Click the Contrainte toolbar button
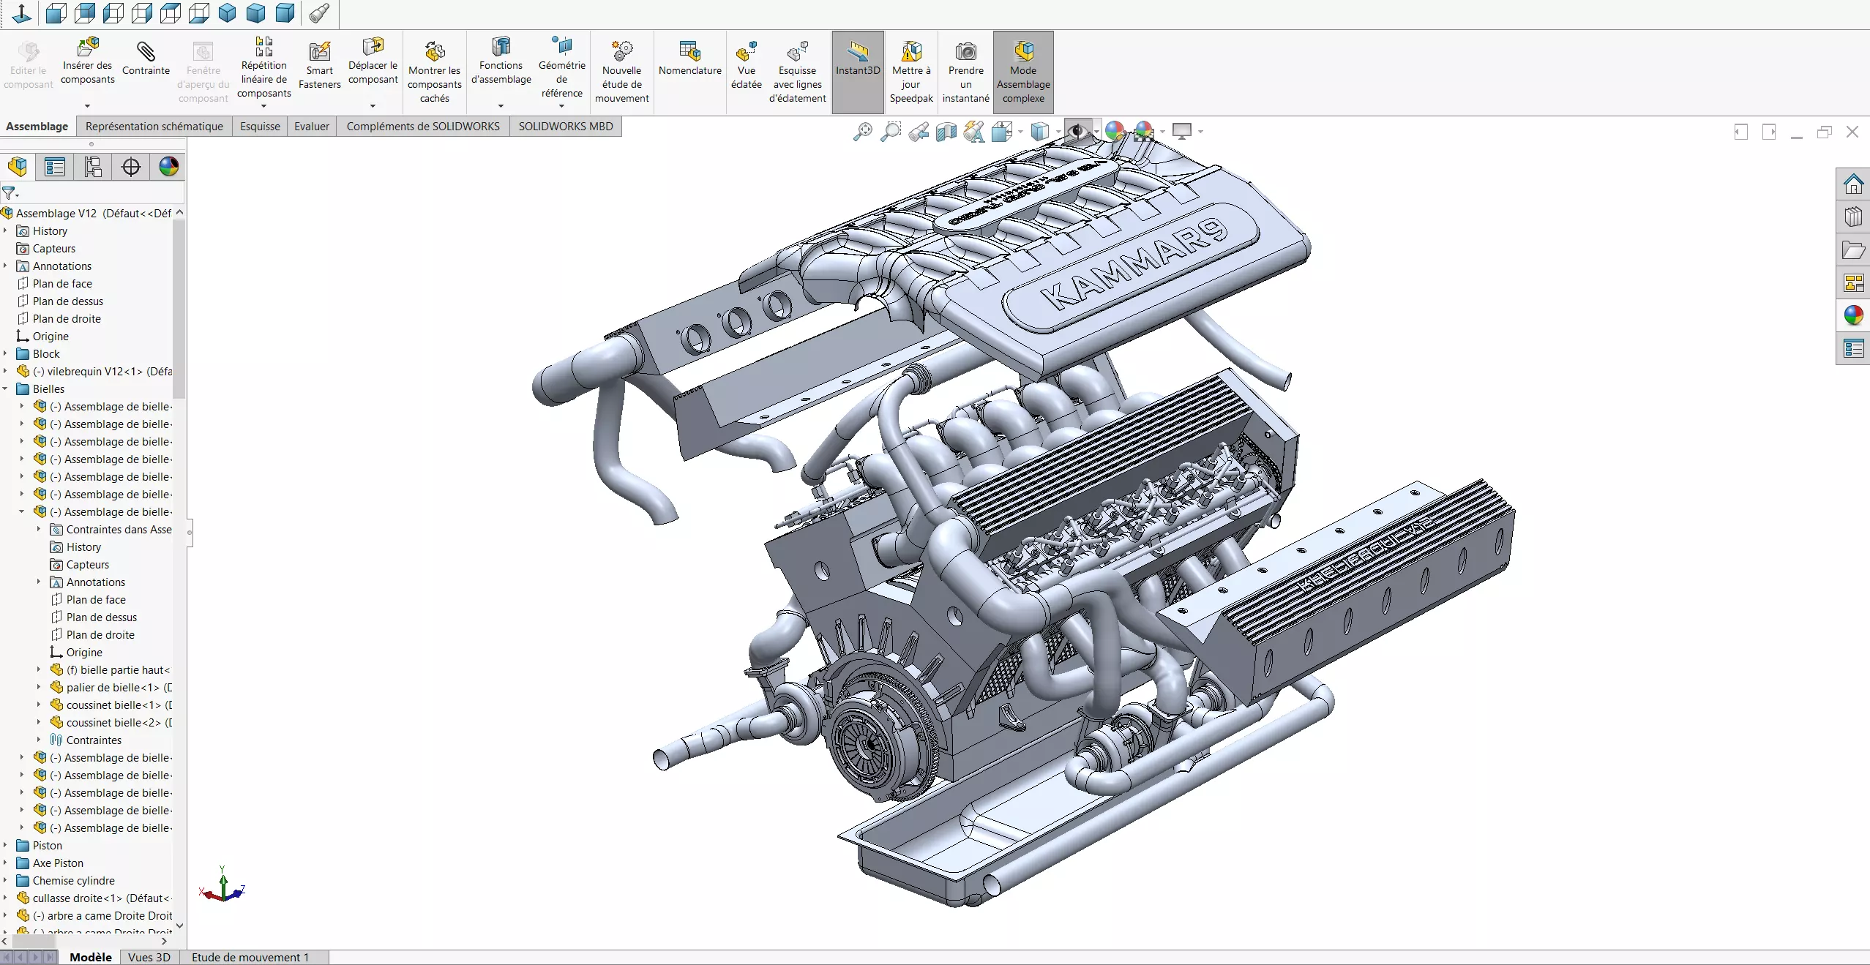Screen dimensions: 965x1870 [x=146, y=59]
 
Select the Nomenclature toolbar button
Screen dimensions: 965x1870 [x=689, y=59]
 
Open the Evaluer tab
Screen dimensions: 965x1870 [x=311, y=126]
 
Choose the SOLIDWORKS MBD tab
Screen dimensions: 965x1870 [x=565, y=126]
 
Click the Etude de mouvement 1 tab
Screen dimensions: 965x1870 [x=250, y=957]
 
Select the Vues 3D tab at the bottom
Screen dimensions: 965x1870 [x=149, y=957]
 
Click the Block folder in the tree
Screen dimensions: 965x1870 [x=46, y=353]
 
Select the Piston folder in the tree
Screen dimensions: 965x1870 [x=47, y=845]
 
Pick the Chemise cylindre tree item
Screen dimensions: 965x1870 [x=73, y=880]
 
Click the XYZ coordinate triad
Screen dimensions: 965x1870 [x=222, y=888]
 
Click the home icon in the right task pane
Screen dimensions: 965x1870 [x=1852, y=184]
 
